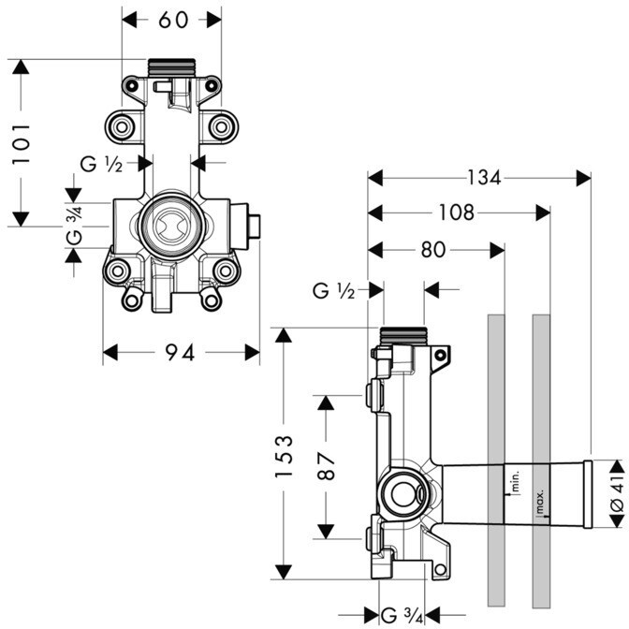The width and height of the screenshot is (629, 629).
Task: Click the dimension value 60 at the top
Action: [x=172, y=20]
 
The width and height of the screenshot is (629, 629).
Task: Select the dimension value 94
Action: [x=180, y=353]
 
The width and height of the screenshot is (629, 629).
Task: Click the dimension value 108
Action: [x=456, y=213]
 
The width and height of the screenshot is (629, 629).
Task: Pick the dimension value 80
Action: [x=433, y=250]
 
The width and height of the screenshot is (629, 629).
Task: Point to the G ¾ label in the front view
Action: [x=75, y=227]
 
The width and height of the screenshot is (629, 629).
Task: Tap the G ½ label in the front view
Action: [x=101, y=164]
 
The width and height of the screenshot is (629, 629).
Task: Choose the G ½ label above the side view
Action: [x=333, y=291]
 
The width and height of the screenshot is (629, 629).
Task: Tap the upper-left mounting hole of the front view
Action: [x=120, y=124]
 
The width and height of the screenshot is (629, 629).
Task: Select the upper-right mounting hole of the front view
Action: [x=221, y=124]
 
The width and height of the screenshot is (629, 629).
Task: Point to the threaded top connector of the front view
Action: [x=171, y=67]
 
